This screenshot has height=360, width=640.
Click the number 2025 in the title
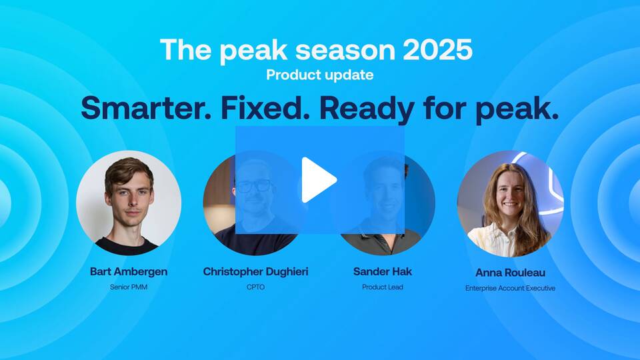coord(437,50)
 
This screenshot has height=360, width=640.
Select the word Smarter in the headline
coord(146,108)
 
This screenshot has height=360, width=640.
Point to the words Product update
coord(319,75)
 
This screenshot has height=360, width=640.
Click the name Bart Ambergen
coord(129,272)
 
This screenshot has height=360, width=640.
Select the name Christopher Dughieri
coord(255,272)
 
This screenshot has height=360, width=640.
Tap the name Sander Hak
coord(383,271)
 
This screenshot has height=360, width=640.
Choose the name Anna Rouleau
coord(510,273)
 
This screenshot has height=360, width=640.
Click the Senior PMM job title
coord(129,287)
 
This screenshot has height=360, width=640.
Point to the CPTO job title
coord(255,287)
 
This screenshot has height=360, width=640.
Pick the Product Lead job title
coord(383,287)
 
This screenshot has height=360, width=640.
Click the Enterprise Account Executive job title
coord(510,288)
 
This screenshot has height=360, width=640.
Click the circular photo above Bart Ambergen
coord(129,203)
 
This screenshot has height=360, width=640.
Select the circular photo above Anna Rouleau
coord(510,203)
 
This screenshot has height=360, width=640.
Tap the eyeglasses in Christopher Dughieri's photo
coord(255,186)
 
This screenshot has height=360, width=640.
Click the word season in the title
coord(345,51)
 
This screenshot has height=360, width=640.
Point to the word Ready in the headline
coord(367,109)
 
